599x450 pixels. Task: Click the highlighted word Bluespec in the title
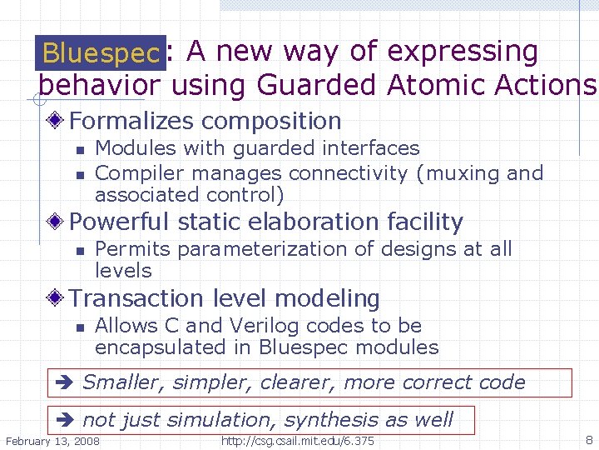click(x=101, y=53)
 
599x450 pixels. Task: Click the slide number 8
click(x=589, y=439)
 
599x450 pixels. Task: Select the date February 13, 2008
click(x=52, y=440)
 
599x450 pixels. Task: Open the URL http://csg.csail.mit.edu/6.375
click(x=297, y=440)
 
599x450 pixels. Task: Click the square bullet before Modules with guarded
click(x=79, y=149)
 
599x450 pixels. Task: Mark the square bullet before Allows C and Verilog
click(x=79, y=327)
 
